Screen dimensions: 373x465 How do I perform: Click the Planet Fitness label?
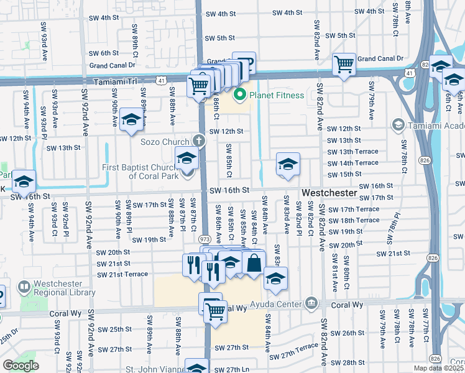point(277,95)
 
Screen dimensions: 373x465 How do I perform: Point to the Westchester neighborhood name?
point(329,193)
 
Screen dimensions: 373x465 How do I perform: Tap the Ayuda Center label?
point(277,305)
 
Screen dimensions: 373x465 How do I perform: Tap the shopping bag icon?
point(254,264)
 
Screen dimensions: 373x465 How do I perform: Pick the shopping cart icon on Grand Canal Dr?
point(343,64)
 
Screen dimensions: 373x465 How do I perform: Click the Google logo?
point(21,366)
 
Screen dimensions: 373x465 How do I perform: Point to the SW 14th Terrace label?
point(352,163)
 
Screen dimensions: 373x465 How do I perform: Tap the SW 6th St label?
point(103,53)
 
